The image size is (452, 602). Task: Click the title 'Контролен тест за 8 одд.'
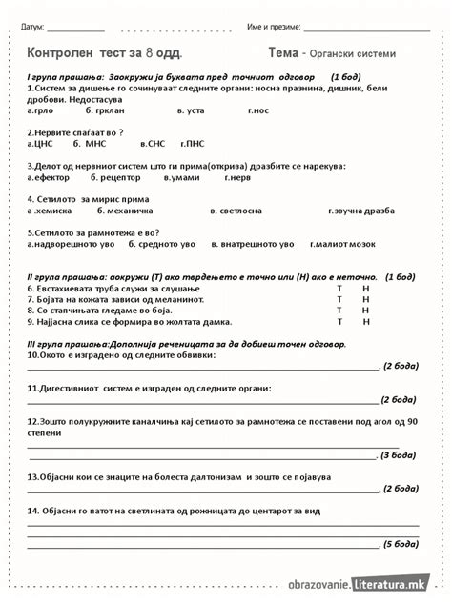pos(105,53)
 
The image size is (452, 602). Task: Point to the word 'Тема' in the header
pos(284,53)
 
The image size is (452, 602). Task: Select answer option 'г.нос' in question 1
pos(258,110)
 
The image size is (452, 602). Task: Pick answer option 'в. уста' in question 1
pos(191,110)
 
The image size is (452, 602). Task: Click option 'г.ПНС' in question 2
pos(193,144)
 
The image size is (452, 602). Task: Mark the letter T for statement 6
pos(339,287)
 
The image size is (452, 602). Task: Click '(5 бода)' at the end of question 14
pos(399,544)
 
